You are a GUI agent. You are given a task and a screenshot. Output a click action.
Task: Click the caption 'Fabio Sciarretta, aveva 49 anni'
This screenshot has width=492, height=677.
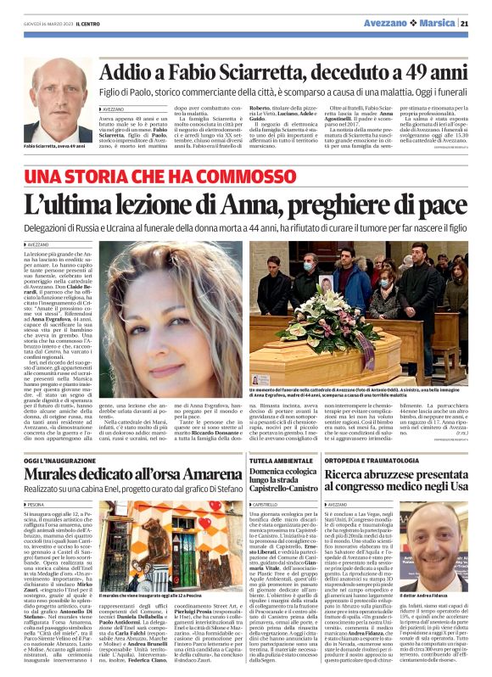(x=53, y=147)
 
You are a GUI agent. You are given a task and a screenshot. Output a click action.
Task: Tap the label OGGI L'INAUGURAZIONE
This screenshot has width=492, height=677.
(x=54, y=459)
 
